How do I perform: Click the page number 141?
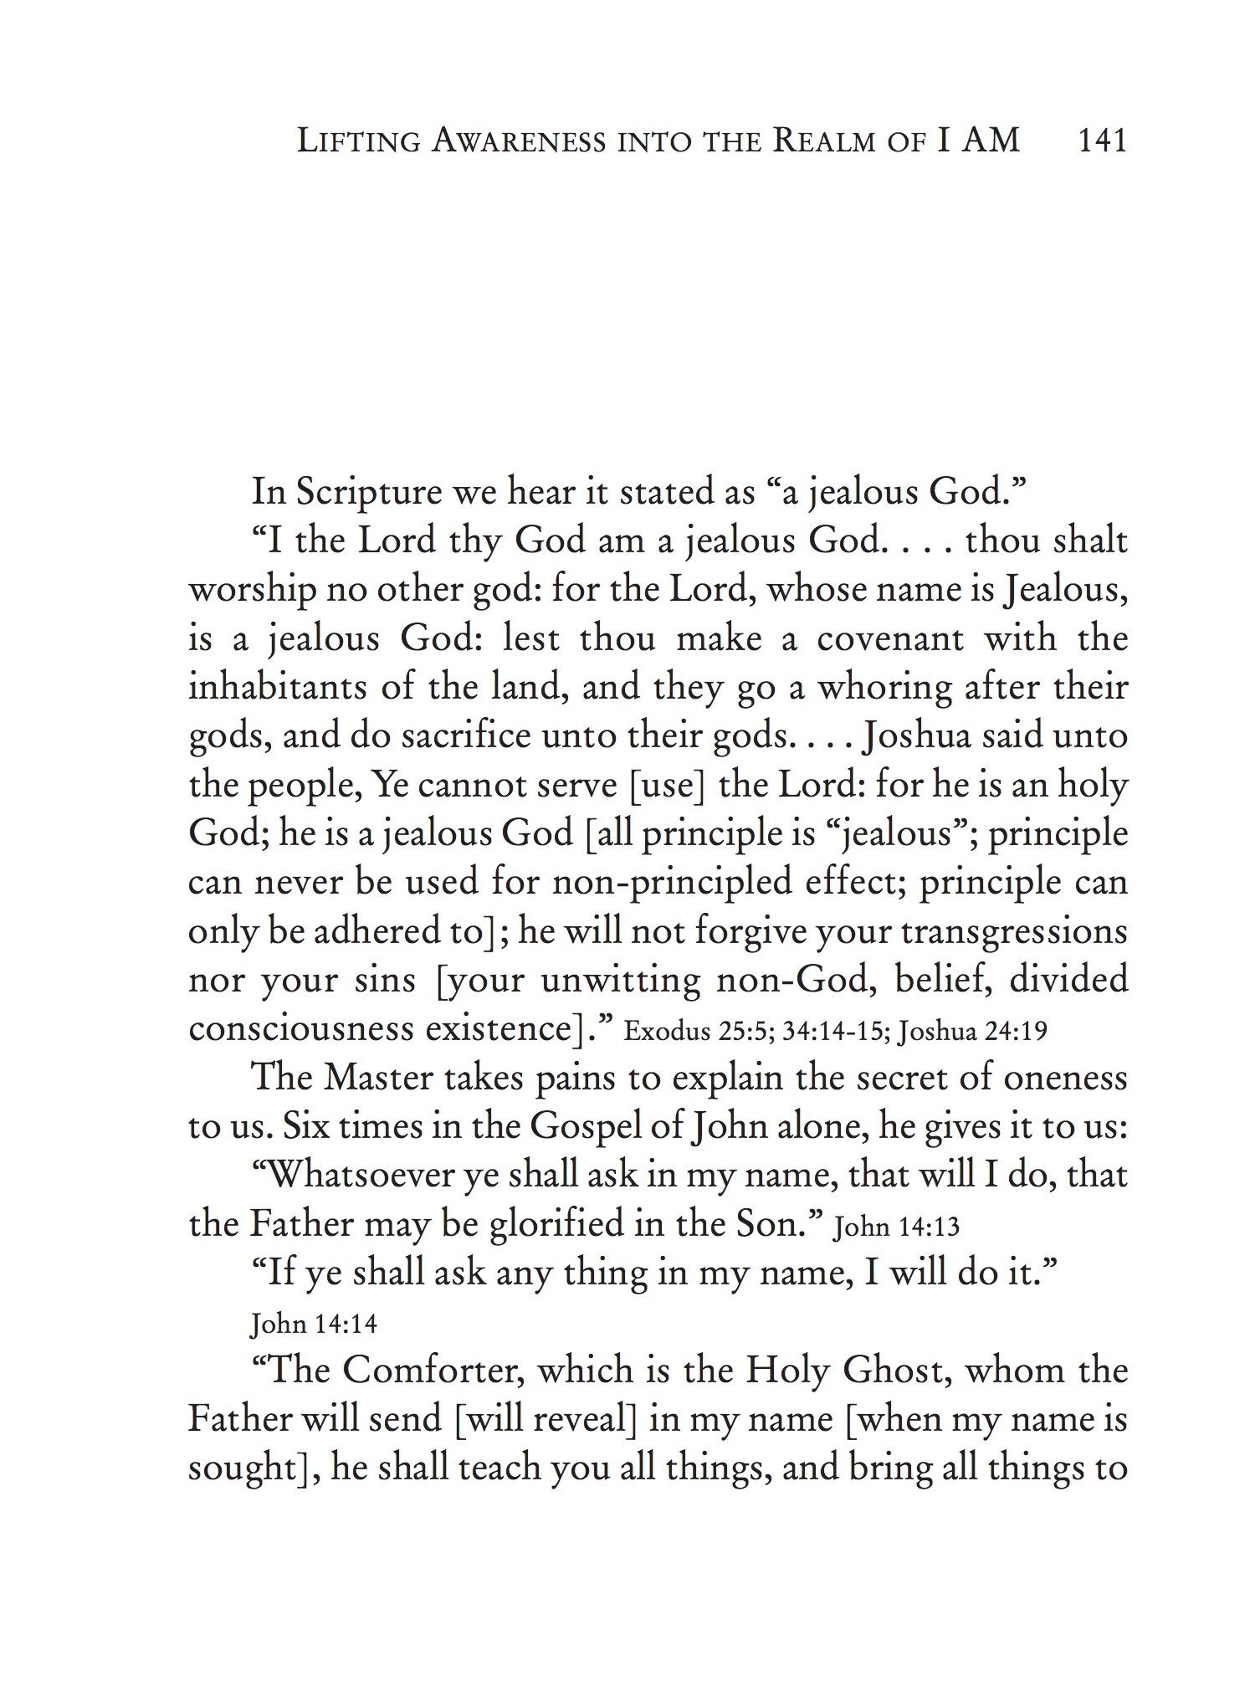1103,141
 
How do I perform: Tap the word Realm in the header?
824,141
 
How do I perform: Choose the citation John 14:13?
896,1227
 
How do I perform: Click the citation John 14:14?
314,1324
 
